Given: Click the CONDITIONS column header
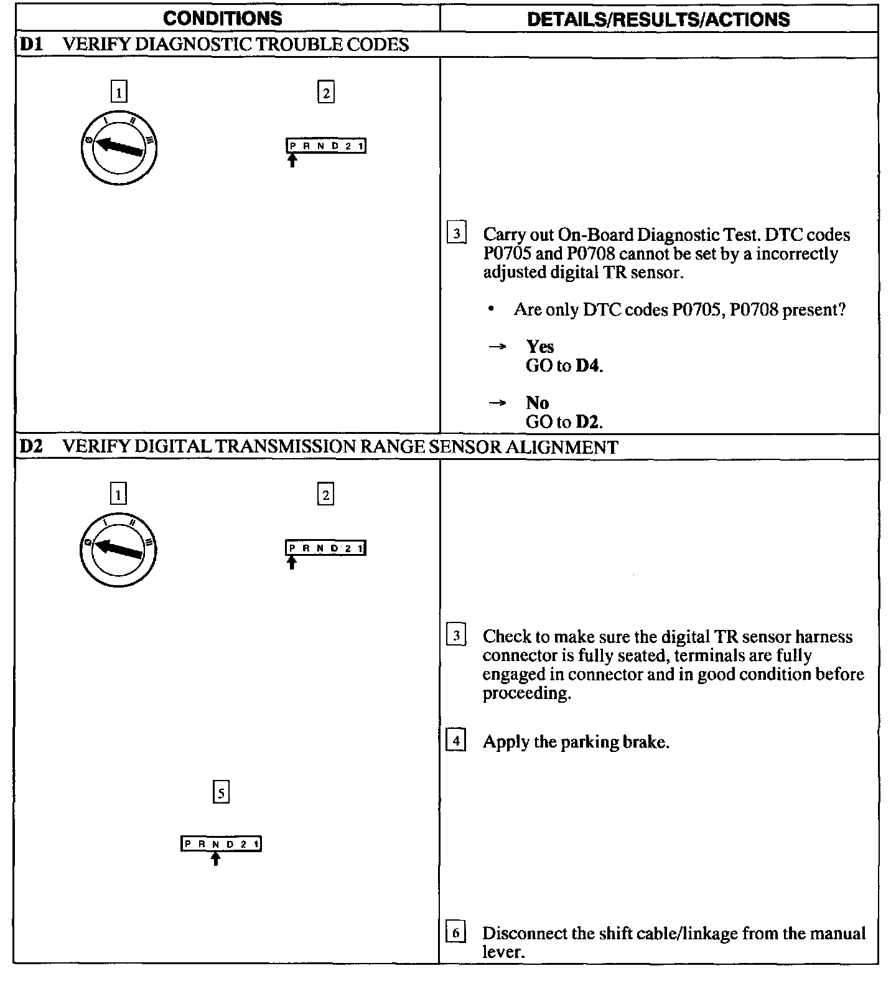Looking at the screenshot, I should [222, 18].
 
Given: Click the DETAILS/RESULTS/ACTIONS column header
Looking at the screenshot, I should [658, 19].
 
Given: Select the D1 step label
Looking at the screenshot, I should [30, 45].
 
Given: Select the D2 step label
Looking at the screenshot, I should [30, 447].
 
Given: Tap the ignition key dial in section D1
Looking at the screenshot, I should [118, 148].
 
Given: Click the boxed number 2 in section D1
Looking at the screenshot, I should [325, 93].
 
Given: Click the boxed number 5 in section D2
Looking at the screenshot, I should [221, 792].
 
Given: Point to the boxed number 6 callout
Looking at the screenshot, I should [456, 933].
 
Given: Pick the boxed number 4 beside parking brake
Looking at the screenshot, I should [456, 741].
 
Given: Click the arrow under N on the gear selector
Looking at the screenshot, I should [215, 858].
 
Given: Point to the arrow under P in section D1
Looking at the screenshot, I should [292, 161].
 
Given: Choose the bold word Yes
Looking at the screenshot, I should [539, 347].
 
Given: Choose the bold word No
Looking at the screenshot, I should [537, 403].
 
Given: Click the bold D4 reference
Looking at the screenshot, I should [589, 365].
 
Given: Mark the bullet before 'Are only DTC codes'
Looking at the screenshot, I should [492, 309].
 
